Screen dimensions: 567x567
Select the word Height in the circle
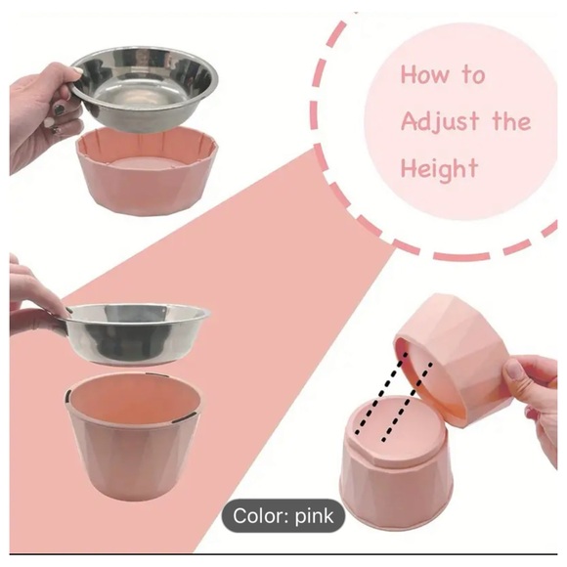(x=440, y=168)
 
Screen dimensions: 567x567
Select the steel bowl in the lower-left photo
(x=138, y=327)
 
